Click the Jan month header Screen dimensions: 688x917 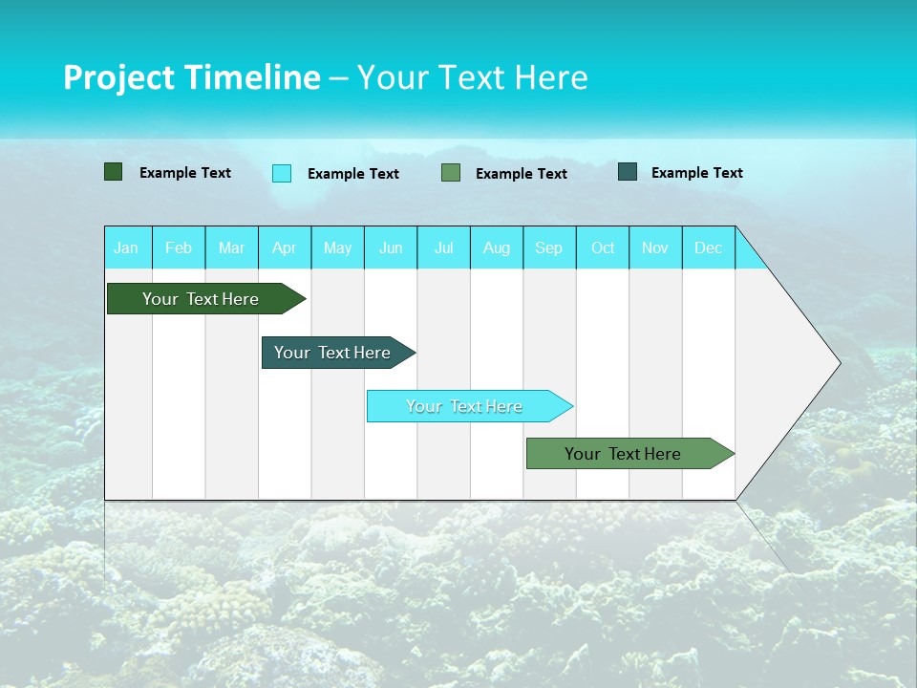[126, 247]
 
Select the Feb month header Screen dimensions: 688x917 [179, 247]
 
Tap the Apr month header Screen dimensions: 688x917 [285, 247]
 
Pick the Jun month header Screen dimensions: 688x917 [391, 247]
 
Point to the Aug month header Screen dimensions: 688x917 [497, 247]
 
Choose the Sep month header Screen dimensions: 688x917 [549, 247]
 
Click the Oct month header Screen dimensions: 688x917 [603, 247]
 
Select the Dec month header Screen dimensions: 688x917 [709, 247]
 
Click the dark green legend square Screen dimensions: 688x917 [114, 172]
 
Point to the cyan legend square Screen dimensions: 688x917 [282, 173]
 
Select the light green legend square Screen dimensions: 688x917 [451, 173]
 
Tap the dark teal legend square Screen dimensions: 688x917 [628, 172]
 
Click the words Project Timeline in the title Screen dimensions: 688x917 [191, 77]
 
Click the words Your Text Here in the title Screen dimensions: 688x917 [473, 77]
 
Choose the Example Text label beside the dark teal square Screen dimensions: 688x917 [697, 173]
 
